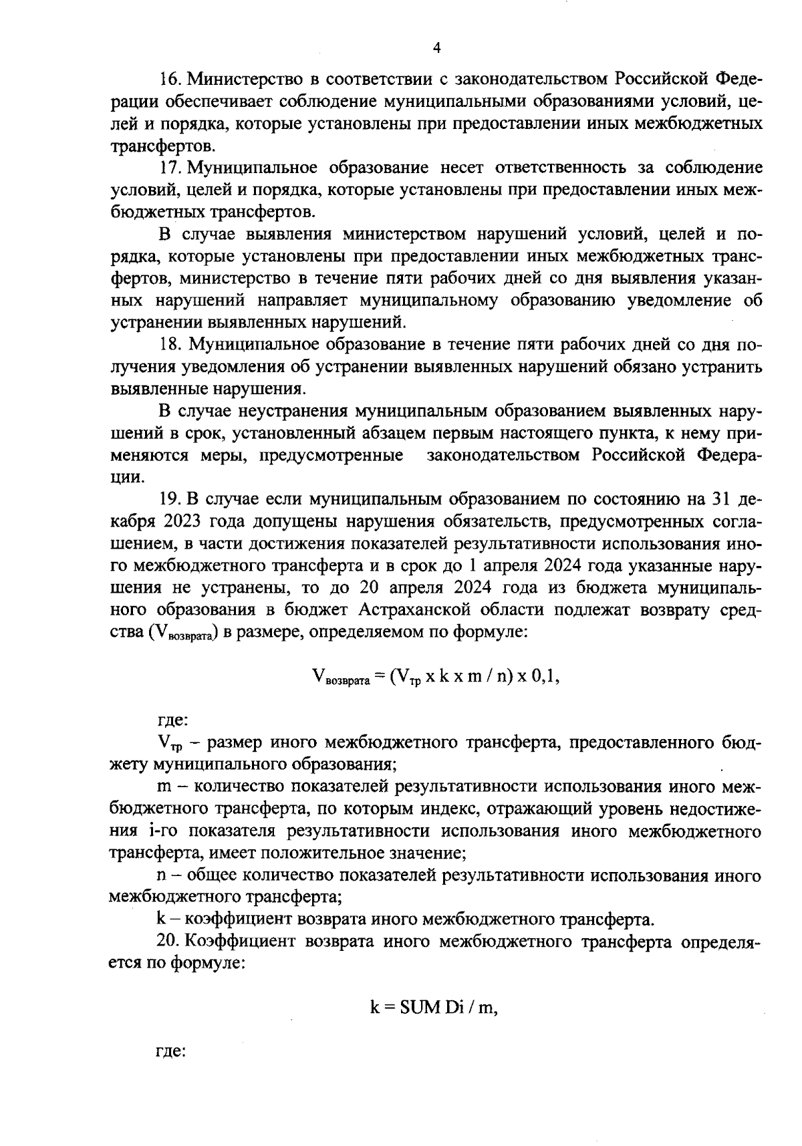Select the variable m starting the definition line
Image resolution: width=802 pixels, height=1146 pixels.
(x=164, y=787)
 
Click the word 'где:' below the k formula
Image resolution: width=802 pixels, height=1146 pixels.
(x=170, y=1051)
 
